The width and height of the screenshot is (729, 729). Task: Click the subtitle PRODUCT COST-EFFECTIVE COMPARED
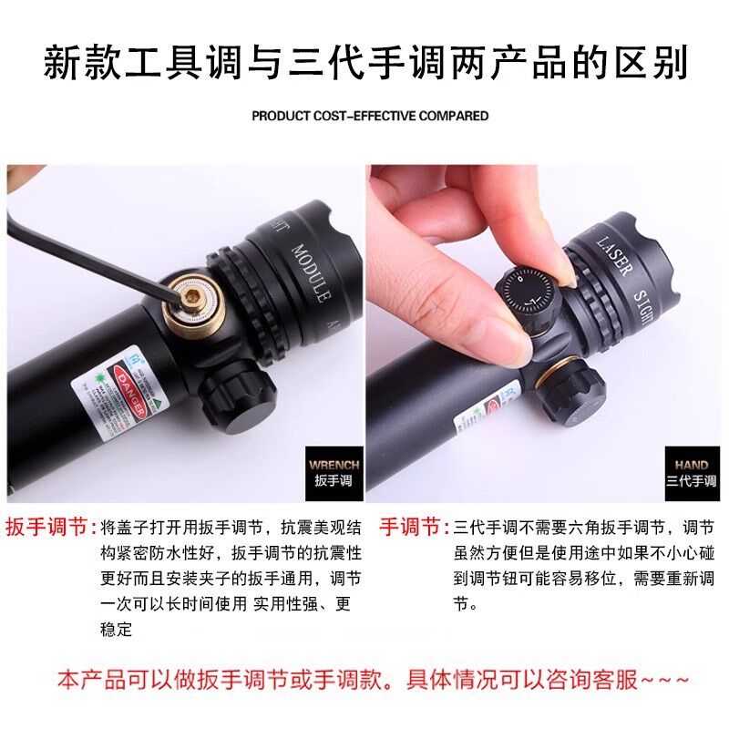click(370, 116)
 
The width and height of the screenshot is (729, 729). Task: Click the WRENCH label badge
click(334, 471)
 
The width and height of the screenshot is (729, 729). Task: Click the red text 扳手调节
click(50, 528)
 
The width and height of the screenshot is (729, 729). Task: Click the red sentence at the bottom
click(374, 680)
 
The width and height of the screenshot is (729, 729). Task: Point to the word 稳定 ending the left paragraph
click(116, 629)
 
